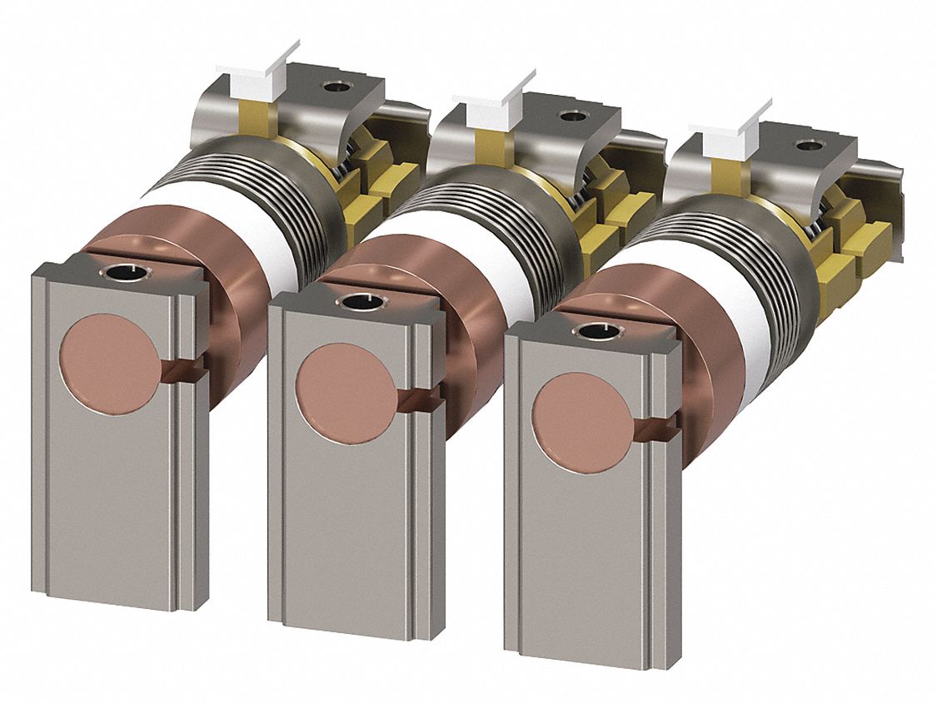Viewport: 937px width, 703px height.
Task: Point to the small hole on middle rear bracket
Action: (573, 116)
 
